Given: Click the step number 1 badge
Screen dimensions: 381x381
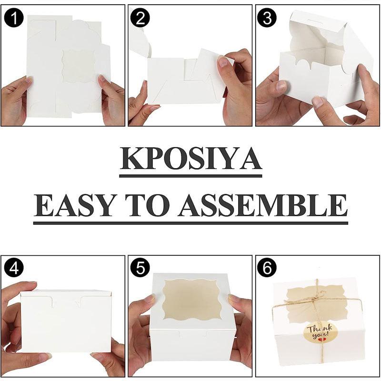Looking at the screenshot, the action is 14,18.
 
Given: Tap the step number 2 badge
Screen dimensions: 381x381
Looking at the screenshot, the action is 140,18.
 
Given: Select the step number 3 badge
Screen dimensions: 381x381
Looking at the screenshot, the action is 267,18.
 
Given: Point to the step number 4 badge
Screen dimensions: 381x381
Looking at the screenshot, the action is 14,268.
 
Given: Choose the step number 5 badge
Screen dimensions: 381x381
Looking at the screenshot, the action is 140,268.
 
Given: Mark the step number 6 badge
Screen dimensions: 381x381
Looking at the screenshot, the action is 267,268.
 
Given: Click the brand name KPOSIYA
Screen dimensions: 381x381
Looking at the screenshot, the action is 191,159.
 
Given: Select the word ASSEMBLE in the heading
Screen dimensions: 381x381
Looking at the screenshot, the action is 263,205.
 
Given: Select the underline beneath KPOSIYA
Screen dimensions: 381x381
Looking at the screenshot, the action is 191,176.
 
